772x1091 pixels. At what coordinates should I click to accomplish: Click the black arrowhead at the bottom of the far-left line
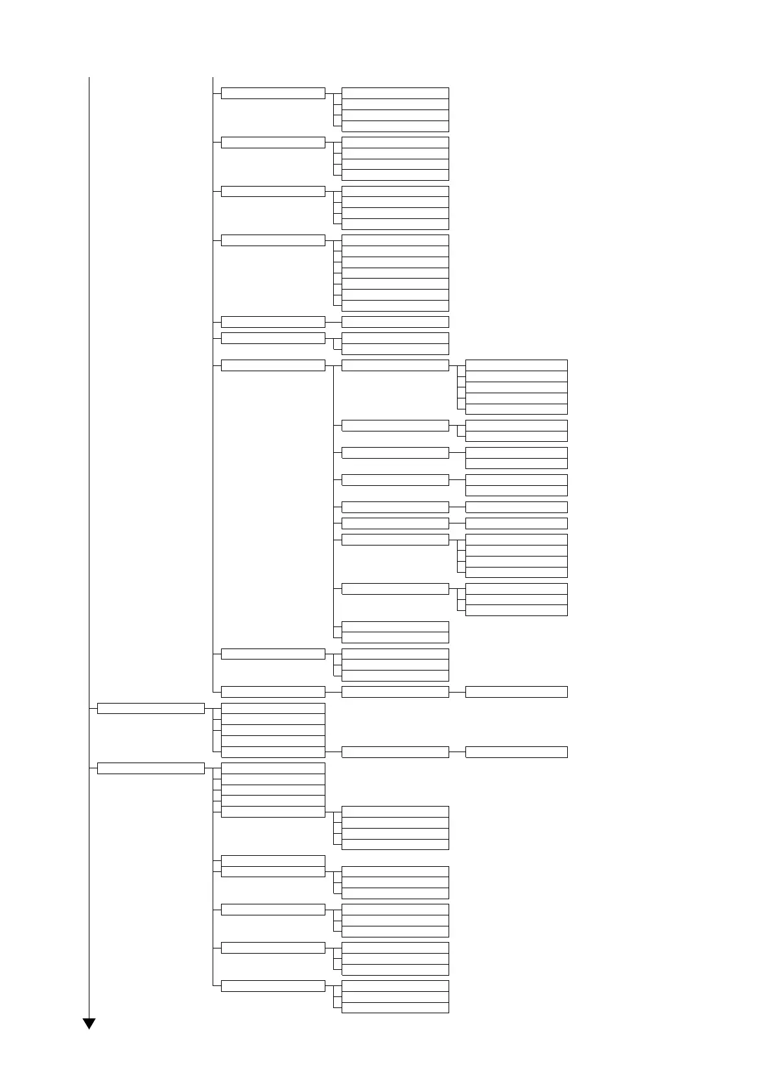point(89,1023)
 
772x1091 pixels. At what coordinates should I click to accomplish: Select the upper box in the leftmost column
point(150,708)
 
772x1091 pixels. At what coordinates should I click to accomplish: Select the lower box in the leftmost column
point(150,768)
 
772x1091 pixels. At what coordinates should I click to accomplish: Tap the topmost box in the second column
point(272,93)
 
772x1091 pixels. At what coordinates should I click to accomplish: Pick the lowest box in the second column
point(272,986)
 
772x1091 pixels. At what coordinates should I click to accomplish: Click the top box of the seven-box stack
point(395,240)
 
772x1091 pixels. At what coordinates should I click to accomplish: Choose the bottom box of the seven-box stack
point(395,306)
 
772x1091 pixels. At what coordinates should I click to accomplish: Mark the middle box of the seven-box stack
point(395,273)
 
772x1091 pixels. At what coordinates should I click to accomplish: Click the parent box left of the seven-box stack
point(272,240)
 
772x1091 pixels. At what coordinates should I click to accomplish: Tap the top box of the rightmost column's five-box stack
point(516,365)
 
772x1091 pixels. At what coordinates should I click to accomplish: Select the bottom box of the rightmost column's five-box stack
point(516,409)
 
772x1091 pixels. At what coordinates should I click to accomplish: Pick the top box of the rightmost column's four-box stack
point(516,540)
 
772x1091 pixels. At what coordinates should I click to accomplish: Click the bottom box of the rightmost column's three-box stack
point(516,610)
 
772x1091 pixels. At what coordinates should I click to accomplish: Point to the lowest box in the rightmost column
point(516,752)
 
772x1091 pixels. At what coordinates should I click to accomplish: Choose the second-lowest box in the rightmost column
point(516,692)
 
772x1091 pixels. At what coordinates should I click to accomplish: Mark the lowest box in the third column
point(395,1007)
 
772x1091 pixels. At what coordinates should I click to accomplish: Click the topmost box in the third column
point(395,93)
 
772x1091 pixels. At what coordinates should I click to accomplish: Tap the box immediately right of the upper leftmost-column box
point(272,709)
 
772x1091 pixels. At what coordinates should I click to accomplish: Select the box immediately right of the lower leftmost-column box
point(272,768)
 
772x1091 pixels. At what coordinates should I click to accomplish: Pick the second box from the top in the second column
point(272,143)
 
